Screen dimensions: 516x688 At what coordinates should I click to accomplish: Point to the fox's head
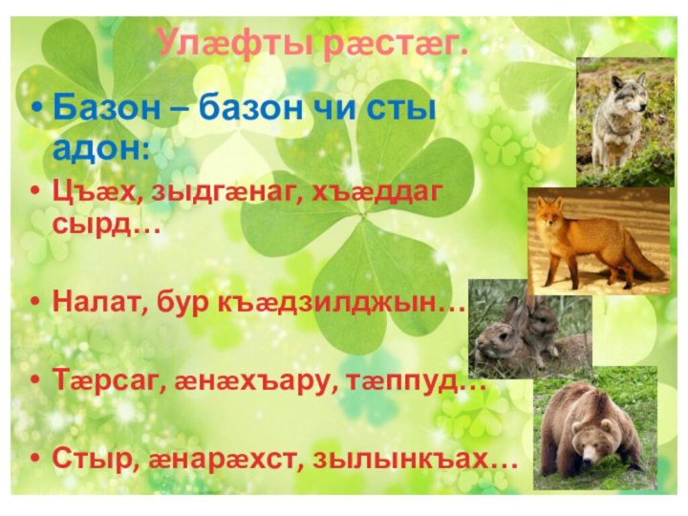[x=549, y=214]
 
